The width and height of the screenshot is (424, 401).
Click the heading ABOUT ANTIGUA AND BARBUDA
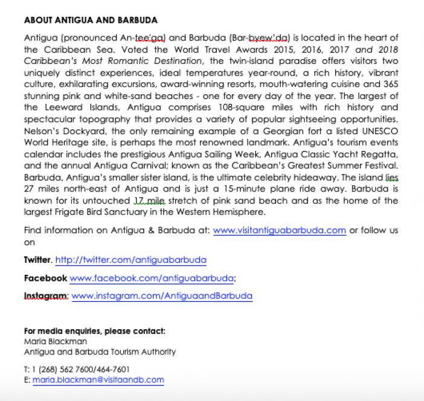(91, 21)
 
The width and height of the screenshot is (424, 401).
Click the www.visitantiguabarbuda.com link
(280, 230)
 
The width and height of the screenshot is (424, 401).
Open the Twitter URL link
(130, 260)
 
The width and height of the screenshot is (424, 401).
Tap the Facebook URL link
(152, 278)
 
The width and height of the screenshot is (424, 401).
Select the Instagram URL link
(162, 296)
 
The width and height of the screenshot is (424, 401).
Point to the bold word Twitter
(37, 260)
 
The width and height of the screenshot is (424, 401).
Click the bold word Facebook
(45, 278)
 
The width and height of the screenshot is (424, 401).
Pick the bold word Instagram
(46, 296)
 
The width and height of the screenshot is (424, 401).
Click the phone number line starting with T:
(77, 369)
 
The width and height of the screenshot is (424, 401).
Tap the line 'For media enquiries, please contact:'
(94, 331)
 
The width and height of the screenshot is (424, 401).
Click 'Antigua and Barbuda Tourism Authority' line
(100, 351)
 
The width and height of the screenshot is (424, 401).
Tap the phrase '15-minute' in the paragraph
(233, 188)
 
